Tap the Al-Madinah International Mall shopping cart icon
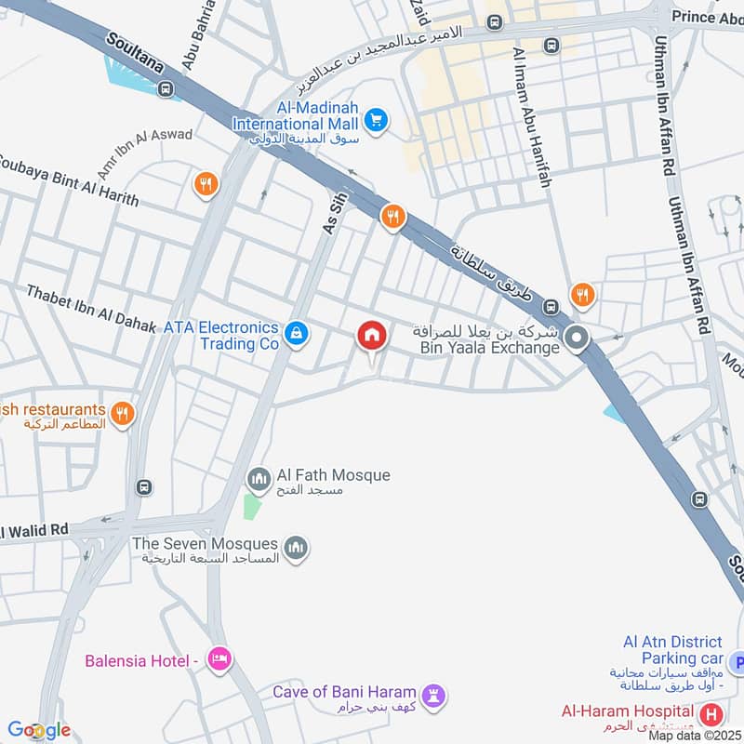(x=376, y=120)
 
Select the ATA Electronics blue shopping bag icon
(x=296, y=333)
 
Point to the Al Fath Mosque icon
(x=259, y=480)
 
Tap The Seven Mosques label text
(x=205, y=543)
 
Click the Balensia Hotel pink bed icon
(x=219, y=659)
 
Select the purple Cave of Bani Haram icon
(x=433, y=695)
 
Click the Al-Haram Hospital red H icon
(x=712, y=715)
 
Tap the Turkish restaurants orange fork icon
(x=122, y=412)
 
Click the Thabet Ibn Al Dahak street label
(x=90, y=308)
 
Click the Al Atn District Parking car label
(x=673, y=650)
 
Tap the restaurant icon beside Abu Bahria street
(x=206, y=184)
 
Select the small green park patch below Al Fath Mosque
(x=248, y=507)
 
